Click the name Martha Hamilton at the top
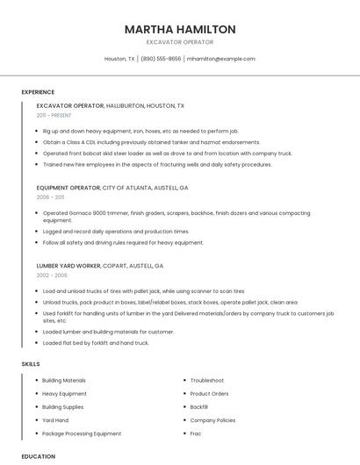click(180, 29)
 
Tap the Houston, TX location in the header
click(119, 59)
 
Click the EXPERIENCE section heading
click(38, 92)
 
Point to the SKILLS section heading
click(31, 363)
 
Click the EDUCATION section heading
click(39, 456)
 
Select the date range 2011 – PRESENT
click(54, 115)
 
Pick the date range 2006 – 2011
click(50, 197)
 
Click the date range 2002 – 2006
click(52, 275)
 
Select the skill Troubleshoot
click(207, 380)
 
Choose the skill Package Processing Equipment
click(82, 433)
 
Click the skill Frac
click(196, 433)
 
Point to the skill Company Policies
click(212, 420)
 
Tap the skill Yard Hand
click(55, 420)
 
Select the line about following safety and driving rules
click(123, 242)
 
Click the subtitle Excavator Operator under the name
click(180, 42)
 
